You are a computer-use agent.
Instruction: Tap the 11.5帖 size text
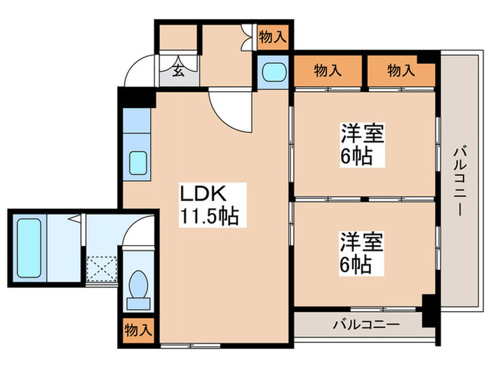click(x=210, y=217)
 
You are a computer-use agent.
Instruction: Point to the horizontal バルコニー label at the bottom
click(x=365, y=325)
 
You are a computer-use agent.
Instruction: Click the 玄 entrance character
click(x=178, y=70)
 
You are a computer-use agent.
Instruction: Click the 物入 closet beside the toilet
click(x=137, y=329)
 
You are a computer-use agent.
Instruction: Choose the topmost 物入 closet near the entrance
click(x=272, y=37)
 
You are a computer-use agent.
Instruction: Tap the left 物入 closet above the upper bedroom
click(x=328, y=70)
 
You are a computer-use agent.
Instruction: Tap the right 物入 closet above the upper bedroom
click(x=401, y=70)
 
